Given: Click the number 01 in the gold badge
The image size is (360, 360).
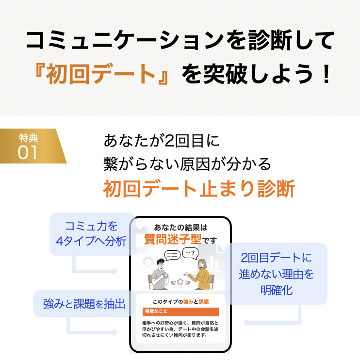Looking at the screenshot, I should [x=28, y=152].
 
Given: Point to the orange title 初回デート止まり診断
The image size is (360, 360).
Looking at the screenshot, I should [x=198, y=189].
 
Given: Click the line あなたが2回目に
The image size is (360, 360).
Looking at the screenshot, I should [x=162, y=141].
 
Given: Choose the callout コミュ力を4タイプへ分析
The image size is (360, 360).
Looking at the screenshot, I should [x=92, y=234].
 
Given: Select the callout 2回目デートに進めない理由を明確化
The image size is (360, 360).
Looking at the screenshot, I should [x=276, y=274].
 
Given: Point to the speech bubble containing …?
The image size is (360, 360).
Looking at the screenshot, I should [x=190, y=253].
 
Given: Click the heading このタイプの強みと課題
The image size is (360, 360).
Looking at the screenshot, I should [x=180, y=301].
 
